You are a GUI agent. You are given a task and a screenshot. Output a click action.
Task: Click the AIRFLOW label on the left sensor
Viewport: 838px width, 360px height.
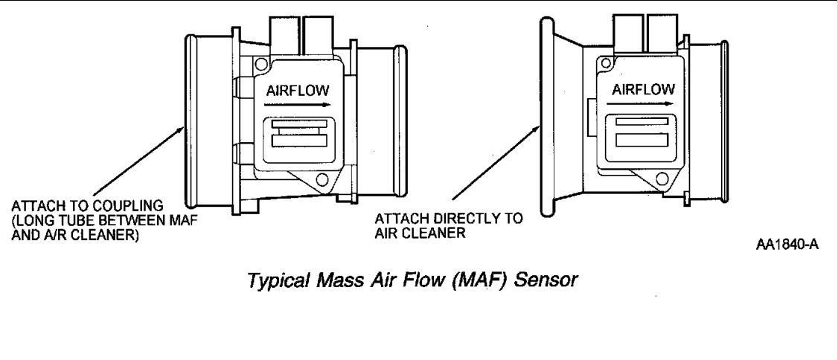[x=297, y=90]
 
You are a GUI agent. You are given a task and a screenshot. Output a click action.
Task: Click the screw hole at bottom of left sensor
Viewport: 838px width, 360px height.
[x=322, y=179]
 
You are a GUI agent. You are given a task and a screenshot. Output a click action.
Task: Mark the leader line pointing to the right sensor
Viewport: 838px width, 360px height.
[x=494, y=167]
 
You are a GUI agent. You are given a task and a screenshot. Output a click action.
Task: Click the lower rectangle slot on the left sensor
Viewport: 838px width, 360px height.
[x=296, y=141]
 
